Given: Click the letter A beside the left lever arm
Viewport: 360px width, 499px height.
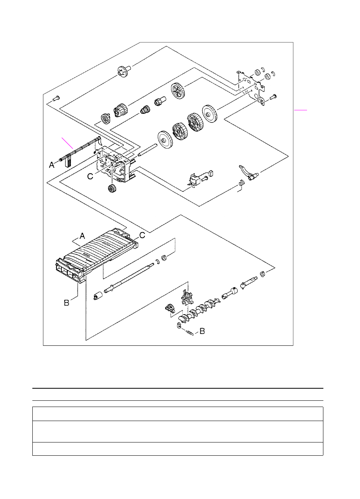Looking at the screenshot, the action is pyautogui.click(x=51, y=165).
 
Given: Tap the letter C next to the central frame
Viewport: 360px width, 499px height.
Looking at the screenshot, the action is pyautogui.click(x=90, y=176).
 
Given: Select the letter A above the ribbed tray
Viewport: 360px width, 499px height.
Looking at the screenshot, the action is pyautogui.click(x=82, y=235).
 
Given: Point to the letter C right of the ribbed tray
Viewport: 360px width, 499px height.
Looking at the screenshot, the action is pyautogui.click(x=142, y=235).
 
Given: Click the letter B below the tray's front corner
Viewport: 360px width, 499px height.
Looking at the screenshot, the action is pyautogui.click(x=67, y=303).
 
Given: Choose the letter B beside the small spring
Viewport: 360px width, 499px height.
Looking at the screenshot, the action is pyautogui.click(x=202, y=331).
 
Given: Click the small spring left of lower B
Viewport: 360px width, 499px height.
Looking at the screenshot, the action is pyautogui.click(x=190, y=333).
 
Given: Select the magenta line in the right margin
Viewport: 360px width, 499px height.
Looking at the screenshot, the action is pyautogui.click(x=301, y=110).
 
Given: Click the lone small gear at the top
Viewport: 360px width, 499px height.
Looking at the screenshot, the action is pyautogui.click(x=122, y=72).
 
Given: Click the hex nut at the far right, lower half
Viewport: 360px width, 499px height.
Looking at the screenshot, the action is pyautogui.click(x=263, y=274).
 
